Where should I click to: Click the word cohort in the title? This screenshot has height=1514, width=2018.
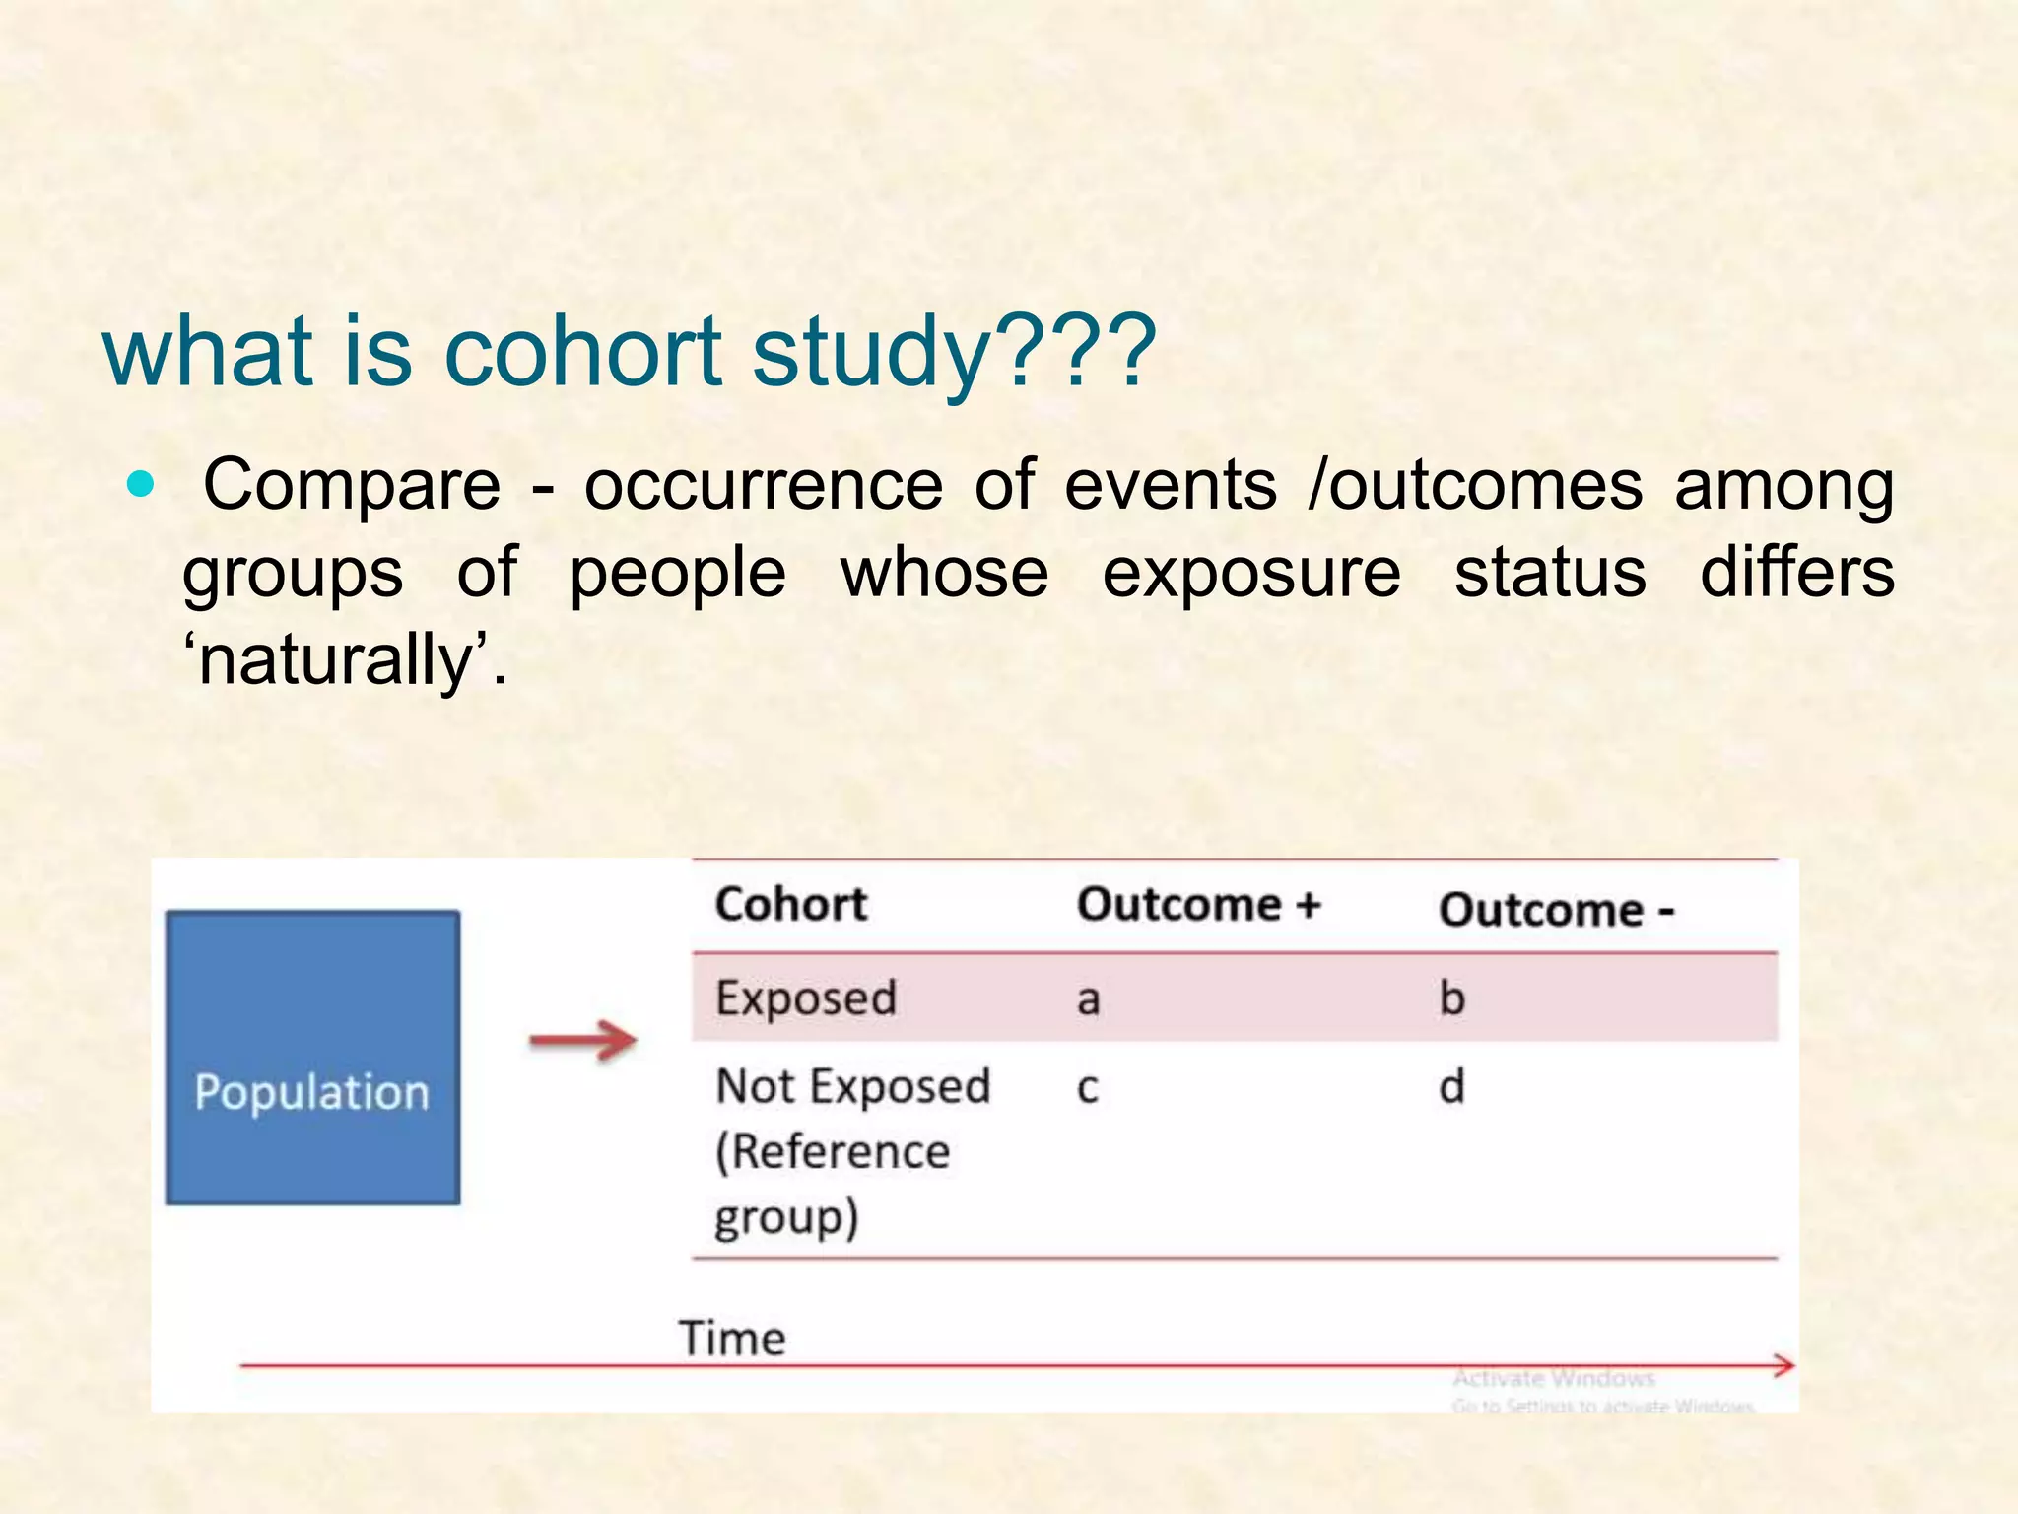(x=583, y=352)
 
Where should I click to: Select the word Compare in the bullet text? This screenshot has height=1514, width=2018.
(x=352, y=486)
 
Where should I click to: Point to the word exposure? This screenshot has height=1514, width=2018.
(x=1250, y=574)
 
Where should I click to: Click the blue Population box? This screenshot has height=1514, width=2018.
(x=312, y=1057)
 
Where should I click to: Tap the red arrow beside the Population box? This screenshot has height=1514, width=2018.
(x=583, y=1041)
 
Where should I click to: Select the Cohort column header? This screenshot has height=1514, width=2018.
(x=791, y=904)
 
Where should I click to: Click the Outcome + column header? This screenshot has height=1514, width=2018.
(x=1198, y=904)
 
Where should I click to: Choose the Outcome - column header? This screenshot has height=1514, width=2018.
(x=1556, y=909)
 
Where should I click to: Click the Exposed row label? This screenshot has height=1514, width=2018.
(x=806, y=998)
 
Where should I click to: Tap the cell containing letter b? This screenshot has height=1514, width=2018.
(x=1451, y=998)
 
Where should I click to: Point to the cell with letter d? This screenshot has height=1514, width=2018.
(x=1451, y=1086)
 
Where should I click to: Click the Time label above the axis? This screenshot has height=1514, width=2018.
(x=732, y=1339)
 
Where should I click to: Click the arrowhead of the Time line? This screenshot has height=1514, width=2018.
(x=1783, y=1365)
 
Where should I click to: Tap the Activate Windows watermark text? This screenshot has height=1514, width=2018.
(x=1554, y=1378)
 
